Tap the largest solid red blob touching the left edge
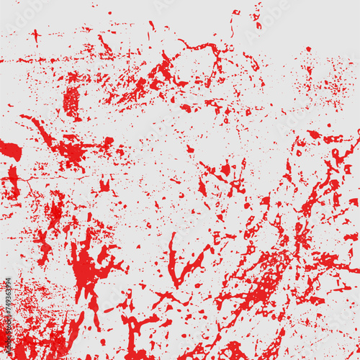click(10, 151)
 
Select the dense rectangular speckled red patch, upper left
click(71, 101)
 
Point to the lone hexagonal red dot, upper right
click(308, 49)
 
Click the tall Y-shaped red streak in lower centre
click(176, 263)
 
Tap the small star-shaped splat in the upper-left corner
click(35, 35)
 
